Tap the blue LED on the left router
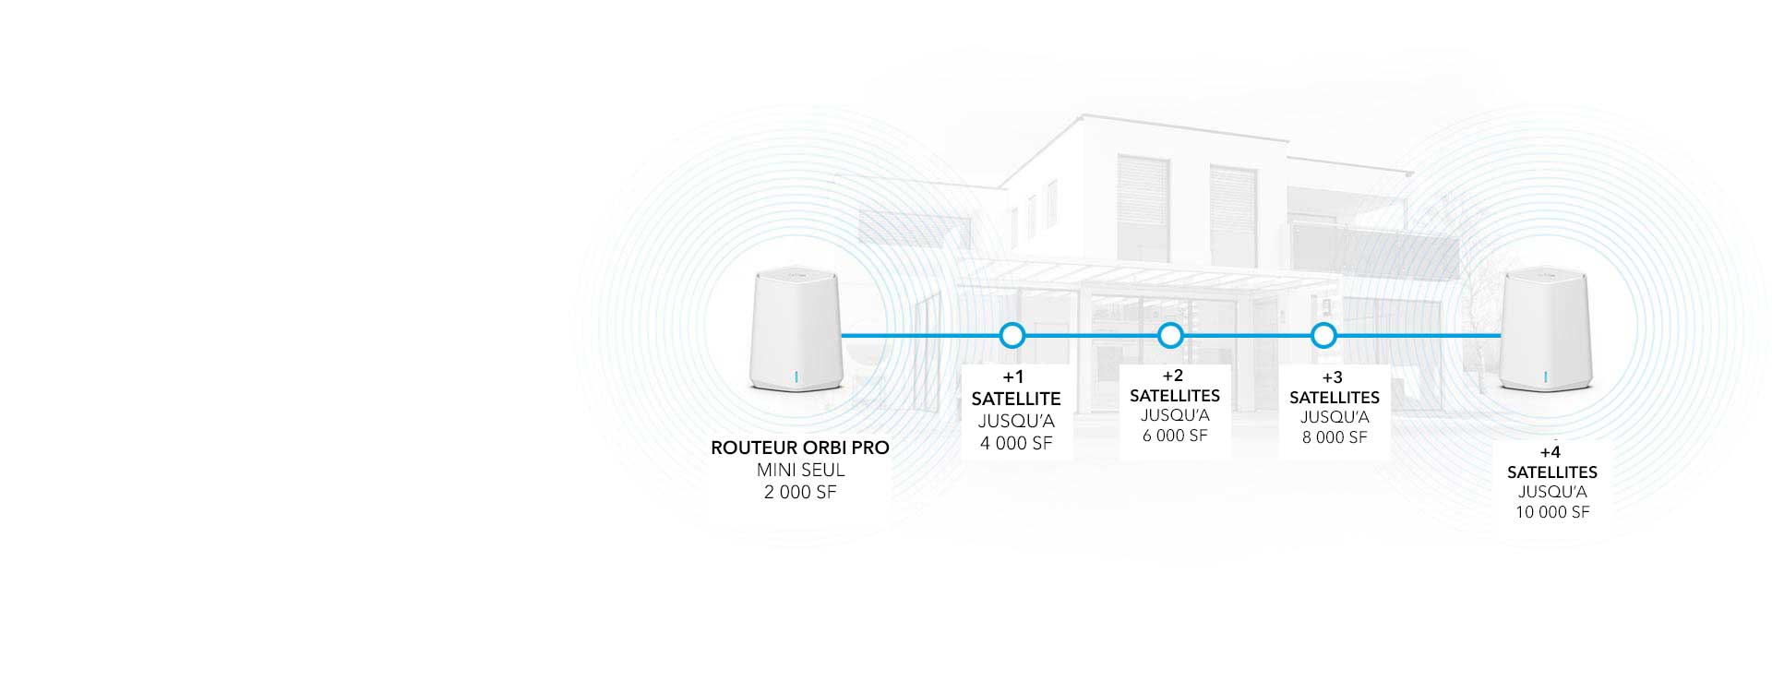click(796, 376)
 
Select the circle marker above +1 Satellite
click(1012, 335)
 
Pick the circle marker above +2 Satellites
click(1170, 335)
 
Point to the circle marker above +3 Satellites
click(1323, 335)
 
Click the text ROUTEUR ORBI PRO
click(800, 448)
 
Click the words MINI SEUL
click(801, 470)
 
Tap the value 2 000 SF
click(800, 492)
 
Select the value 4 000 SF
click(1016, 443)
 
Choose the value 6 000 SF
click(1175, 436)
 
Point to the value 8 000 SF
click(1335, 437)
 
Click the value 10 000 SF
click(1552, 512)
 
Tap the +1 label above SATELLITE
click(1013, 376)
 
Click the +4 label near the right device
click(1550, 452)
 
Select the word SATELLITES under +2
click(1175, 396)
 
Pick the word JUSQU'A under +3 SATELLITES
click(1335, 417)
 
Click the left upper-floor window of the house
click(1143, 209)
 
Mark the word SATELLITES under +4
click(1552, 472)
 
